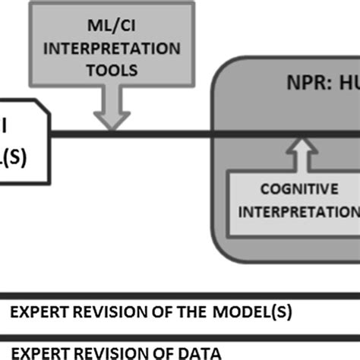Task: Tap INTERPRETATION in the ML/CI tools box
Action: tap(109, 50)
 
